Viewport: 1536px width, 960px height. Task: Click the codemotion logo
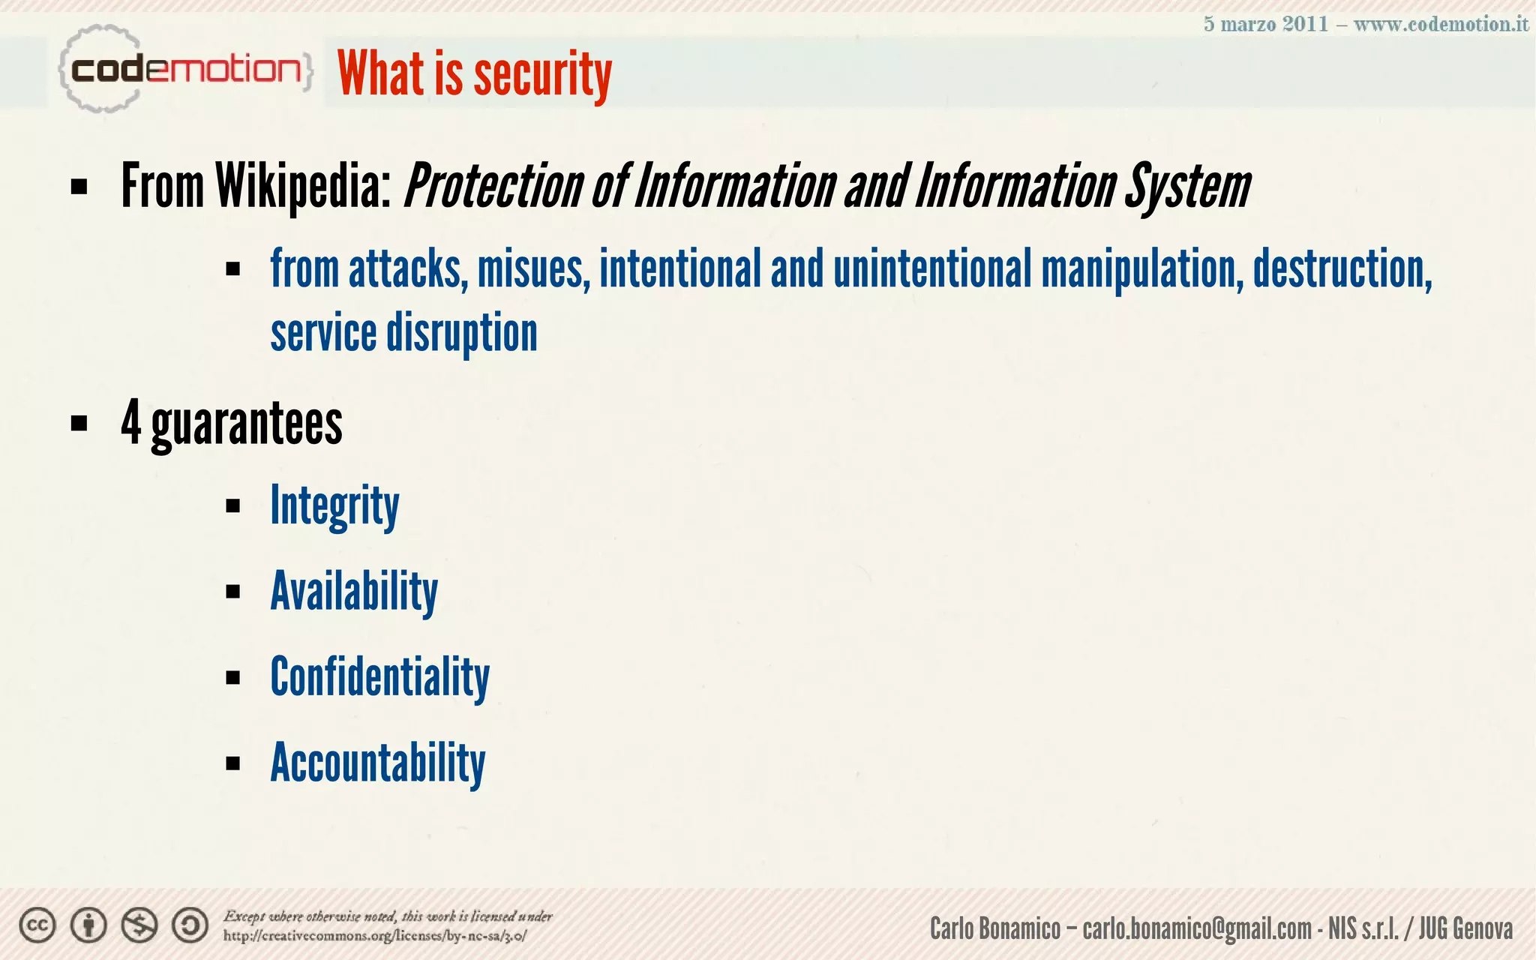point(184,70)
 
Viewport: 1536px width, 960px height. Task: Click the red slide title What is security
point(474,73)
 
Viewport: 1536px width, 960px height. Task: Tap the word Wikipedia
point(303,186)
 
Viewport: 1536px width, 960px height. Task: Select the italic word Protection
point(493,186)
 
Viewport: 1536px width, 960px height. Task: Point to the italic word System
point(1186,186)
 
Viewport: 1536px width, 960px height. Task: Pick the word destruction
point(1342,268)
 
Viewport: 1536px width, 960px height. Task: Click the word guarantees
point(247,423)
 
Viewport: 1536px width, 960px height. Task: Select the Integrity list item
point(334,505)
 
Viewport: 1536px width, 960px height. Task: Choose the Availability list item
point(354,592)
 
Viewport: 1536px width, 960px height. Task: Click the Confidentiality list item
point(379,677)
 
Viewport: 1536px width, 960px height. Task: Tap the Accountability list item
point(377,763)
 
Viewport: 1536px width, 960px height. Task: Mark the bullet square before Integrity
point(232,506)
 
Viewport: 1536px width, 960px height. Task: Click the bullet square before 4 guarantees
point(79,424)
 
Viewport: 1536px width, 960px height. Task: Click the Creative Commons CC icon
point(37,925)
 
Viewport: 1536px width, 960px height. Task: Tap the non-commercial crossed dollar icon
point(139,925)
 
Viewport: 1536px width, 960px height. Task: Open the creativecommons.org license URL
point(375,936)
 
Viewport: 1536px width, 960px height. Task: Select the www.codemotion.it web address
point(1441,24)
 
